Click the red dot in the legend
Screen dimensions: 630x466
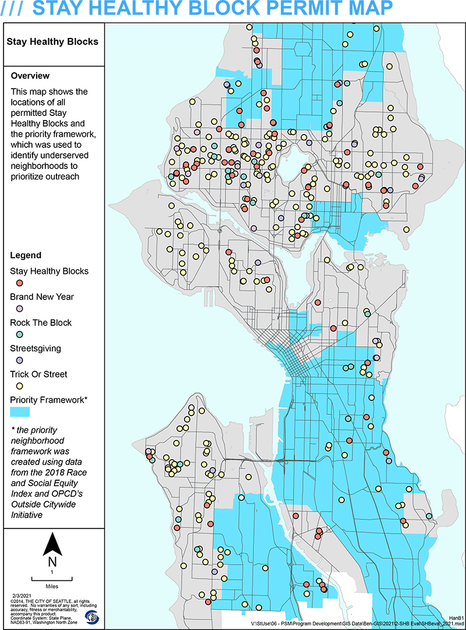tap(20, 283)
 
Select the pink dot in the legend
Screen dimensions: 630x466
tap(20, 308)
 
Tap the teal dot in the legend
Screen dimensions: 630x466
tap(20, 334)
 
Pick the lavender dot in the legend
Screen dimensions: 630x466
tap(20, 360)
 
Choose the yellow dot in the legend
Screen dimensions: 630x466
tap(20, 385)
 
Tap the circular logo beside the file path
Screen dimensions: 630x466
tap(93, 615)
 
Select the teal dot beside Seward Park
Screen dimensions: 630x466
tap(429, 516)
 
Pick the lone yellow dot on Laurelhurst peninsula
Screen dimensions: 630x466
tap(407, 229)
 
